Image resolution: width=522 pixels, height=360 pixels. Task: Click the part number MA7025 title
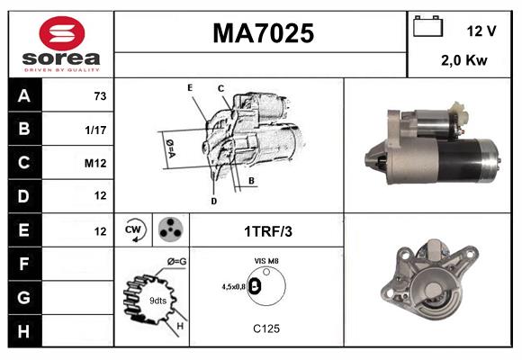263,34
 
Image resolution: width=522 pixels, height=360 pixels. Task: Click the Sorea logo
61,44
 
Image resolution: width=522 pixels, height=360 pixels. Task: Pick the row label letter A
24,95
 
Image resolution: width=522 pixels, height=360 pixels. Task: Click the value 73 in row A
101,95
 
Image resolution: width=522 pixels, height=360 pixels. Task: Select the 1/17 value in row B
96,129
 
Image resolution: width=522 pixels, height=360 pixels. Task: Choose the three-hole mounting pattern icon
168,230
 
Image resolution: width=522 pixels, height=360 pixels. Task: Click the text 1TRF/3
267,231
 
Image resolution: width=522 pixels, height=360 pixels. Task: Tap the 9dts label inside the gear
157,301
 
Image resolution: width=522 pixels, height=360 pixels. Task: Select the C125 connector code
266,328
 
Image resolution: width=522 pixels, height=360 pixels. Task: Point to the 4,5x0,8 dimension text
233,286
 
